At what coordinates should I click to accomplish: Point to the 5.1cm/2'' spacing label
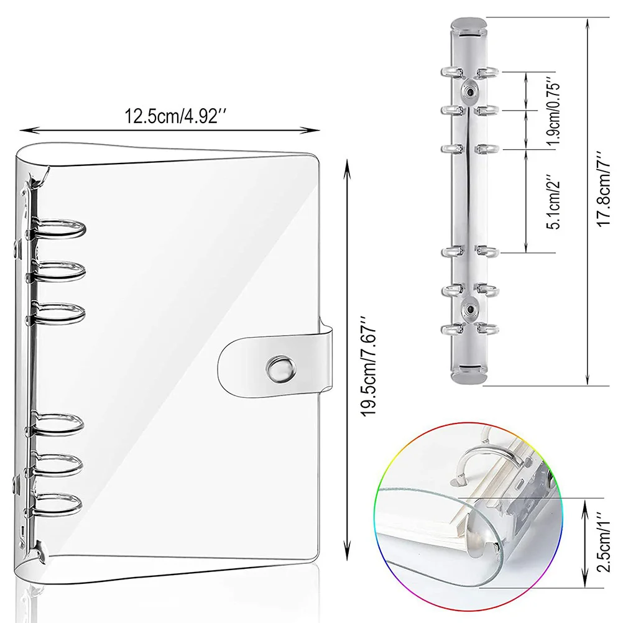(551, 201)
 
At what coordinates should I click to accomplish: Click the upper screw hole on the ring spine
(469, 91)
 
